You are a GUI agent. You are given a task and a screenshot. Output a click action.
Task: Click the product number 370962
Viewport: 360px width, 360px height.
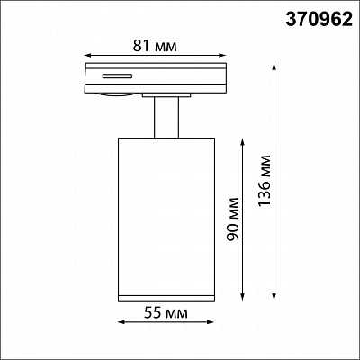319,20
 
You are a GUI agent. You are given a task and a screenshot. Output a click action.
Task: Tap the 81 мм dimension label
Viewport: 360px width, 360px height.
155,46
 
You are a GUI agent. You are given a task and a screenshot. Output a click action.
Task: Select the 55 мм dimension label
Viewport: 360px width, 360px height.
166,313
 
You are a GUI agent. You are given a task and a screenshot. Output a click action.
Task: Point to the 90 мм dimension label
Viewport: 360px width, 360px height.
233,219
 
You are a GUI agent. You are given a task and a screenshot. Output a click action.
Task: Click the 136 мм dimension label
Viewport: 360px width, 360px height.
265,181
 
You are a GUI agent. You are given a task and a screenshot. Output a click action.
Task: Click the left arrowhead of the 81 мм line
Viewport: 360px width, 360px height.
87,55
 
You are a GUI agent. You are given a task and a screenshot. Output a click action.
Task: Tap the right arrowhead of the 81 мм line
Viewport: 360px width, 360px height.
222,55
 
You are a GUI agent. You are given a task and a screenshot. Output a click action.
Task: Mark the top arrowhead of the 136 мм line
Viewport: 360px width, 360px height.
274,67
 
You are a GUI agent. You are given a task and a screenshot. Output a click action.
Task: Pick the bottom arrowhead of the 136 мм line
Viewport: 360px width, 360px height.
274,296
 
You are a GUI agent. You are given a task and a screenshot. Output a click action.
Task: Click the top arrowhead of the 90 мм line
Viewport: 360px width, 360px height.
243,142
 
